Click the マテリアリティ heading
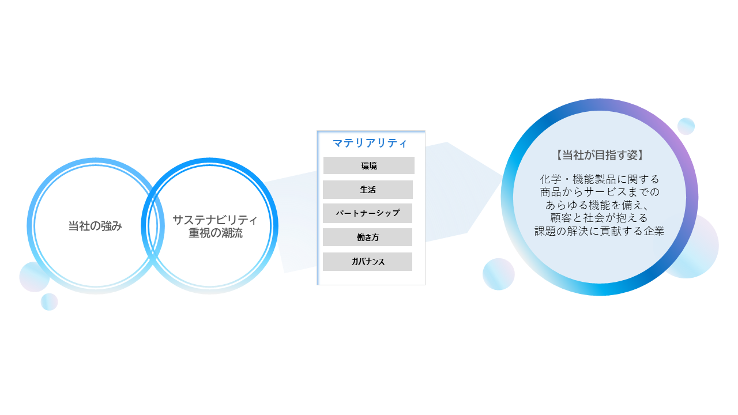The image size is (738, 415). click(370, 143)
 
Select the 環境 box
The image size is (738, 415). click(368, 165)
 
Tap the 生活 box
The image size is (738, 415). click(368, 190)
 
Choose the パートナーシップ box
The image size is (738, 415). click(367, 213)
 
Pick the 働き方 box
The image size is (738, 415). click(367, 237)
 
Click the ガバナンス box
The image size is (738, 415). click(367, 262)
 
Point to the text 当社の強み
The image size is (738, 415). click(95, 226)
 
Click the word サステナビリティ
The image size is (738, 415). click(215, 220)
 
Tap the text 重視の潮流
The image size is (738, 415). click(216, 233)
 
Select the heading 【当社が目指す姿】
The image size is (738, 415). click(600, 155)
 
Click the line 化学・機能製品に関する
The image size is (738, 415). click(600, 179)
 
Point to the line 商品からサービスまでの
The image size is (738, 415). click(600, 192)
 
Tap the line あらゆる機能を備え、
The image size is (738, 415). click(597, 205)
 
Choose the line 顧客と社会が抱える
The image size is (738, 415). click(599, 218)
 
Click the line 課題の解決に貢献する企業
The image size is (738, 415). click(599, 231)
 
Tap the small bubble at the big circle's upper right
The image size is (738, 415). click(686, 126)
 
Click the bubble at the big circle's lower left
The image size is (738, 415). click(499, 274)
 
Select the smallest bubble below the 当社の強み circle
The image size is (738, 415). click(49, 301)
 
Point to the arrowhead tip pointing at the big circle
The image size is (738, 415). click(503, 176)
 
